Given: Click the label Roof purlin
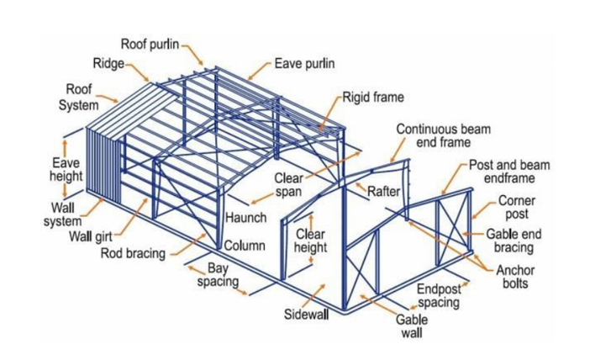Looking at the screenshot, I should tap(150, 45).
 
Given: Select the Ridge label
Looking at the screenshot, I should tap(108, 64).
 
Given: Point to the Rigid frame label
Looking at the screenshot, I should tap(372, 98).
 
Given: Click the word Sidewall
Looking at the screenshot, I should tap(304, 315).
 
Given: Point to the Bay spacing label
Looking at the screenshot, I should tap(218, 275).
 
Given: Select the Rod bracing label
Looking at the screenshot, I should tap(134, 252).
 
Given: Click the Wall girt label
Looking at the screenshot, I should tap(92, 235).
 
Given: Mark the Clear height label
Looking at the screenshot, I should tap(311, 241).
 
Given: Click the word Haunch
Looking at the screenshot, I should tap(245, 218).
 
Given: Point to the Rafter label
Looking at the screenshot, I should tap(383, 193).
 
